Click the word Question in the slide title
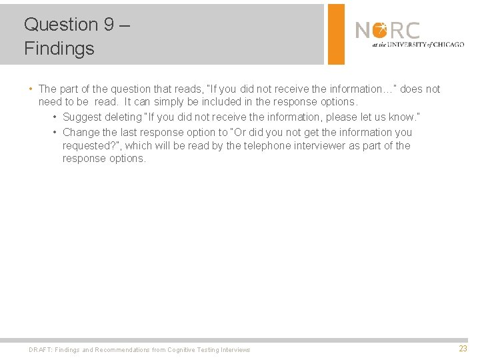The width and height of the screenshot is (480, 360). click(61, 25)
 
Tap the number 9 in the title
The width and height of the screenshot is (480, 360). click(109, 25)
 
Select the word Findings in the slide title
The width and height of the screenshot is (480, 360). click(59, 48)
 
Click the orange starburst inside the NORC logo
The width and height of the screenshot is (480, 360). click(379, 30)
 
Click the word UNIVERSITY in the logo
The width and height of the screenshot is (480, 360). click(409, 45)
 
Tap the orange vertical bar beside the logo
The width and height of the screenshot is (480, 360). click(337, 34)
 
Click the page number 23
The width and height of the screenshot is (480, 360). click(463, 349)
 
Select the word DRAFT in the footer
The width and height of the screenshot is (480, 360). click(40, 349)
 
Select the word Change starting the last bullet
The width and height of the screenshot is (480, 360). click(81, 132)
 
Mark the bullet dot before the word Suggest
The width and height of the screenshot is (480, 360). click(54, 117)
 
